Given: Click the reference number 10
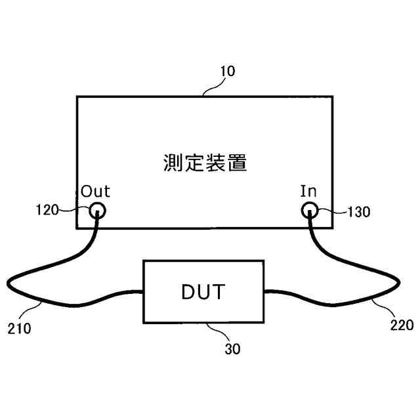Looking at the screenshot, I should [x=227, y=71].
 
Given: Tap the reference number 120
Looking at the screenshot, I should [x=47, y=210].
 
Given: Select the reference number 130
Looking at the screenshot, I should [x=359, y=212].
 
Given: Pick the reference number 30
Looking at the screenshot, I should [x=232, y=349].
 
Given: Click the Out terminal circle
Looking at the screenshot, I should [x=96, y=211].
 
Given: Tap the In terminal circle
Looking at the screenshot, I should [x=309, y=211].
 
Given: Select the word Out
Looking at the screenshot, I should [x=96, y=192].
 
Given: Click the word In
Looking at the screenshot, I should [x=308, y=192].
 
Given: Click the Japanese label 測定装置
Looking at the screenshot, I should [x=205, y=162].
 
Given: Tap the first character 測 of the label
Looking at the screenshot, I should [x=173, y=162].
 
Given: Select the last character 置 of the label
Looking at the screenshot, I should [x=238, y=162].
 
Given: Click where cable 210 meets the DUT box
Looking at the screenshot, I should [x=143, y=293].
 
